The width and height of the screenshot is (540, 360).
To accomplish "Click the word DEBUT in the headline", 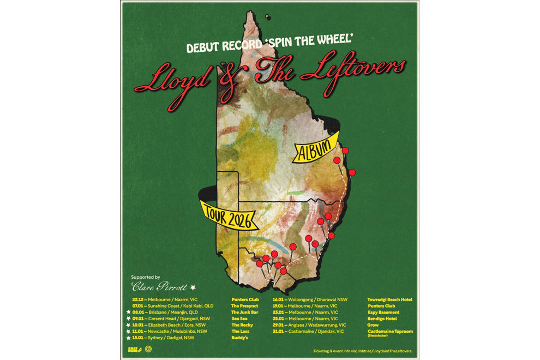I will point(204,47).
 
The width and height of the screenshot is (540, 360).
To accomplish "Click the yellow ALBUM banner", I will point(315,147).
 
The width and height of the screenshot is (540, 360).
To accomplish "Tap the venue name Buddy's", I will point(239,338).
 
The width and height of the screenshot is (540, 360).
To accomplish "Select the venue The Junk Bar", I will point(244,312).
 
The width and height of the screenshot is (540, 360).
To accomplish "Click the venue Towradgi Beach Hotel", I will point(389,299).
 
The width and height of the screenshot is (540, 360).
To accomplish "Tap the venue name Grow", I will point(373,325).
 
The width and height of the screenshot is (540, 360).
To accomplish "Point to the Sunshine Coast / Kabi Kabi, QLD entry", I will point(180,306).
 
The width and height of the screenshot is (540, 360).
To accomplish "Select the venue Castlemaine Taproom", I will point(390,331).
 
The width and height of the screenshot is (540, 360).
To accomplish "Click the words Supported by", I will point(145,277).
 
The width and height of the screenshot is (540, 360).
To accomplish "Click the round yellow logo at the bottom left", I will point(148,350).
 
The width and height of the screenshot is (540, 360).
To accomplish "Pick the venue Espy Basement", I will point(383,312).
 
